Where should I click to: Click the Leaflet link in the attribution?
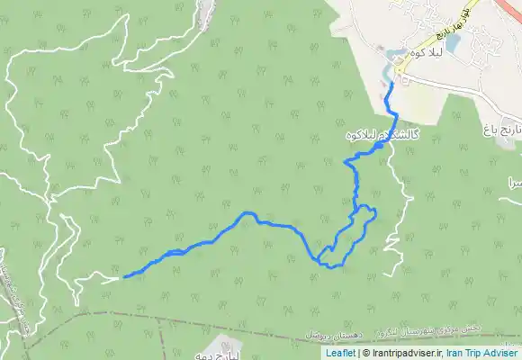click(340, 354)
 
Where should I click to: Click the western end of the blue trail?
click(123, 277)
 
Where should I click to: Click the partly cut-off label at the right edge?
click(515, 182)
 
